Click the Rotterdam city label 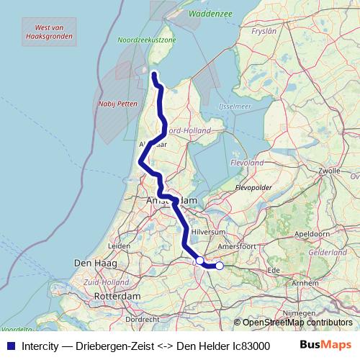pos(117,296)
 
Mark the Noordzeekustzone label pos(147,41)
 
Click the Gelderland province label pos(327,253)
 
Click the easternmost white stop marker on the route pos(220,266)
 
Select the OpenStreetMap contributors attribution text pos(297,323)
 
